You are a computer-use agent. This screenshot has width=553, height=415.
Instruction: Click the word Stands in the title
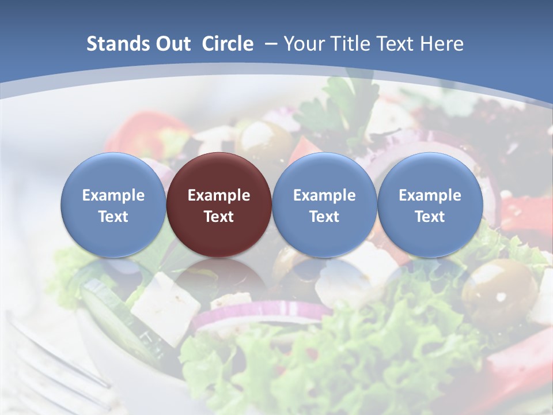(x=118, y=44)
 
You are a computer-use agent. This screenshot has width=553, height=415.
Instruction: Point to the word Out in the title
(x=173, y=44)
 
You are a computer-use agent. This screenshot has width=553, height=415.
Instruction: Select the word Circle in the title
(x=228, y=44)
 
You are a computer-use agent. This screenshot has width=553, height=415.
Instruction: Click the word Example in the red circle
(x=219, y=195)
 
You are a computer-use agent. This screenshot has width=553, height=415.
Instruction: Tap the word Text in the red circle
(x=219, y=217)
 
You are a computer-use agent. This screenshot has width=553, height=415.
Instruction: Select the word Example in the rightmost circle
(x=430, y=195)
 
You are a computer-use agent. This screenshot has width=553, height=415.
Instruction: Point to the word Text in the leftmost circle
(x=113, y=217)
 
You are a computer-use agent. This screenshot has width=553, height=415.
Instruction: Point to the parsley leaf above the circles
(x=340, y=104)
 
